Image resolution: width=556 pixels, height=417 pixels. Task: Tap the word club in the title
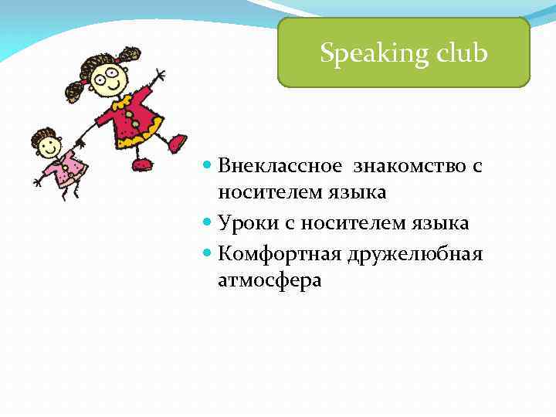[460, 54]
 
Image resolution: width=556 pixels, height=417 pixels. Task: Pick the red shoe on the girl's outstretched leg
[178, 142]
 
